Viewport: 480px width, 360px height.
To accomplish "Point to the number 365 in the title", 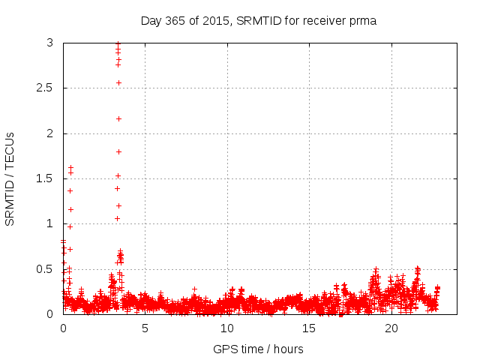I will (x=175, y=20).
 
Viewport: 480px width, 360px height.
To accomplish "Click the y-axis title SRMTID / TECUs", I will (x=10, y=178).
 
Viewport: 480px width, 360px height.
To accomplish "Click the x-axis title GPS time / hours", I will (x=258, y=349).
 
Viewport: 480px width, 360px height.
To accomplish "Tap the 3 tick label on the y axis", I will (x=49, y=43).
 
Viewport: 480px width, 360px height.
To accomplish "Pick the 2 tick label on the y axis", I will (x=49, y=133).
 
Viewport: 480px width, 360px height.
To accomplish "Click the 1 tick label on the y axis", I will (x=49, y=223).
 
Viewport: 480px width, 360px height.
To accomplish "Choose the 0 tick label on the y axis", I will (x=49, y=314).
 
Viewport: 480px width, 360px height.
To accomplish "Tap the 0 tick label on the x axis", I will (x=63, y=328).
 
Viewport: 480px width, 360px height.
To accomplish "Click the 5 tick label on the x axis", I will (x=145, y=328).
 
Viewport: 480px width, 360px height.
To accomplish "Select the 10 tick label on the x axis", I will (x=226, y=328).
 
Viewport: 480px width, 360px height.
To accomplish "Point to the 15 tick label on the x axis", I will (x=308, y=328).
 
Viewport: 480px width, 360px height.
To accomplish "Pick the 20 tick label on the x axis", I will (x=391, y=328).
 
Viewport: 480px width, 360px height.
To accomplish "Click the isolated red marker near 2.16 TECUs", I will (x=118, y=118).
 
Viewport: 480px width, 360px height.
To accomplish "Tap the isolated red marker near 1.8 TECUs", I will (x=118, y=151).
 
